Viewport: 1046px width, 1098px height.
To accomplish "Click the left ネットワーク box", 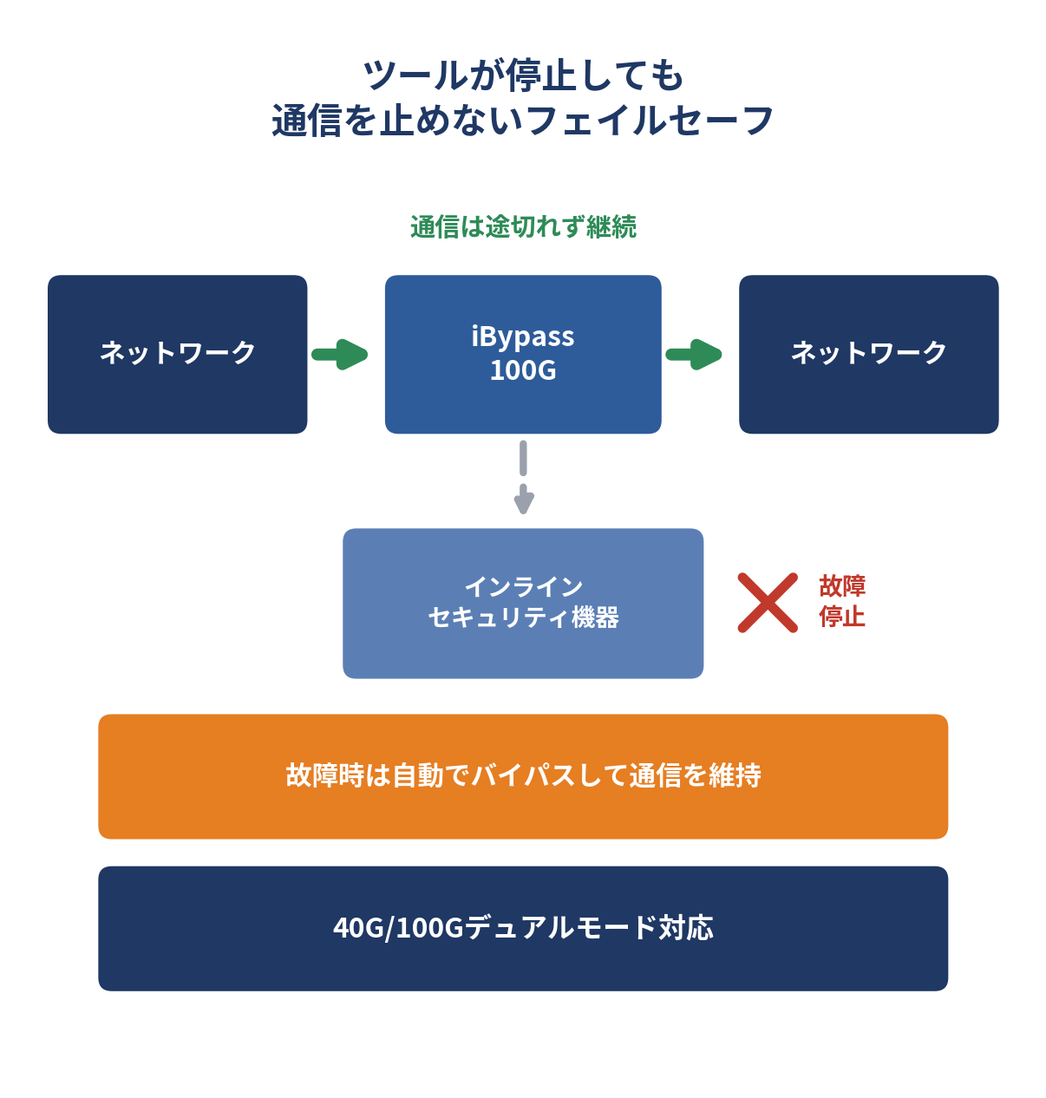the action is (x=177, y=354).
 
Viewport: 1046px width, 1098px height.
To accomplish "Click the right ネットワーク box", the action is (x=868, y=354).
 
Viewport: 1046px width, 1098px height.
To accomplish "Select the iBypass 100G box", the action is (x=523, y=354).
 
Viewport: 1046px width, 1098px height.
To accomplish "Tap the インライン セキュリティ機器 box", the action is (x=523, y=603).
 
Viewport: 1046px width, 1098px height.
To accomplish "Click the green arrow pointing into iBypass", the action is (x=340, y=354).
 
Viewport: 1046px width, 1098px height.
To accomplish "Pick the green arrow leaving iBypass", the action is (x=693, y=354).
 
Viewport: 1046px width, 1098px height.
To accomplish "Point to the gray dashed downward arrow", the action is (x=523, y=477).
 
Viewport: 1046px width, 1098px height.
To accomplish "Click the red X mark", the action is (x=768, y=603).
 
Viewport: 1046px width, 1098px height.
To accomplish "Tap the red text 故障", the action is (x=842, y=586).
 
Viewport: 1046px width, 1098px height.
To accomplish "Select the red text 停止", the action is (x=842, y=617).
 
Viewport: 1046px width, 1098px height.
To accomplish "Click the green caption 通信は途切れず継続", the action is (x=524, y=226).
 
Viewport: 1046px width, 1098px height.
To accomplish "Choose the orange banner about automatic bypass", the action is (x=523, y=776).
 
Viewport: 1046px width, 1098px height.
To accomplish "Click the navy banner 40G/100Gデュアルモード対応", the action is (x=523, y=928).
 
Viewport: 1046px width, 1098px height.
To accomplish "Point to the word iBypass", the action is (x=522, y=337).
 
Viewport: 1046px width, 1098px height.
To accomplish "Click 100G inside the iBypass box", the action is (x=523, y=370).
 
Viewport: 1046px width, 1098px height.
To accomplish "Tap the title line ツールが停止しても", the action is (x=524, y=76).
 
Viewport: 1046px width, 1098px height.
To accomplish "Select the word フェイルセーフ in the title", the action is (x=650, y=121).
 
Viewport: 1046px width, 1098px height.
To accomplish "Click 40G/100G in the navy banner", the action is (x=398, y=928).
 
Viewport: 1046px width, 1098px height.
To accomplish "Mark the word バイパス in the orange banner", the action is (x=523, y=775).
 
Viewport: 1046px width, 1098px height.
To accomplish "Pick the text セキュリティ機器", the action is (x=523, y=618).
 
